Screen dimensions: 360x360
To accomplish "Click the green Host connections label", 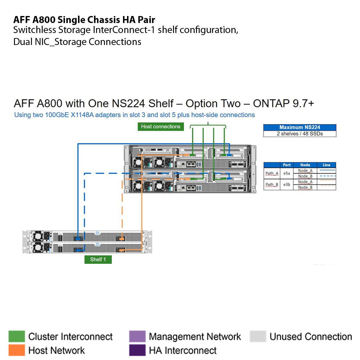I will click(161, 126).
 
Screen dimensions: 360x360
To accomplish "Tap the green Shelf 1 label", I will click(98, 259).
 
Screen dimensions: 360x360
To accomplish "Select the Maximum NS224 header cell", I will click(300, 127).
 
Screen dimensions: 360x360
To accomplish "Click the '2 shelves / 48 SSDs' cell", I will click(300, 134).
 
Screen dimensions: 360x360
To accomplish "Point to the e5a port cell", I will click(287, 173).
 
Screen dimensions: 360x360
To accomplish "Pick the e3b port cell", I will click(287, 184).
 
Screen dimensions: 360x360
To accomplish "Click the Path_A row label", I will click(272, 173).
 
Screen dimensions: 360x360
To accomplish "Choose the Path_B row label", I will click(272, 184).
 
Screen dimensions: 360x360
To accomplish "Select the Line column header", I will click(327, 165).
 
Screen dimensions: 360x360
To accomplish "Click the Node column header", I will click(305, 165).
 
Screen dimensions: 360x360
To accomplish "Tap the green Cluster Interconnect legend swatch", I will click(17, 337).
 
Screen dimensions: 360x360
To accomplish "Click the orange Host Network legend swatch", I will click(17, 350).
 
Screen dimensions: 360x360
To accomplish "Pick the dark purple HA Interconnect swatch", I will click(137, 350).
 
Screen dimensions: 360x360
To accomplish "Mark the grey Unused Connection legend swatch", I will click(258, 337).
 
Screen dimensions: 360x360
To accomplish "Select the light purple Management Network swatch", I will click(137, 337).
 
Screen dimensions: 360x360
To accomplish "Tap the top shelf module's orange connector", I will click(121, 239).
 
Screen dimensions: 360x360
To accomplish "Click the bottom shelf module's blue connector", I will click(79, 250).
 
